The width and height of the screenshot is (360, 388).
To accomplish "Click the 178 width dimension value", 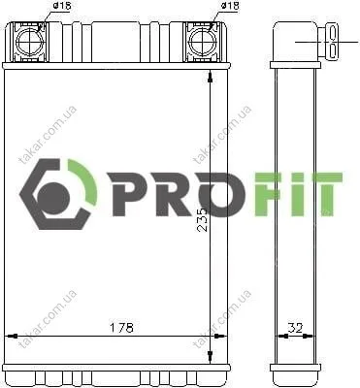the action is point(121,328).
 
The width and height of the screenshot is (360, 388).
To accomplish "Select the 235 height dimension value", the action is point(202,220).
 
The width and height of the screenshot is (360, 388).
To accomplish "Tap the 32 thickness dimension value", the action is point(295,328).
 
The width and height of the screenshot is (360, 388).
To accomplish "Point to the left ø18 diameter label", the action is point(61,7).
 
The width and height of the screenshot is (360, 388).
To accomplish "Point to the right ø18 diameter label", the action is point(230,6).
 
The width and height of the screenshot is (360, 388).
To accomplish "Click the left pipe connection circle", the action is point(29,41).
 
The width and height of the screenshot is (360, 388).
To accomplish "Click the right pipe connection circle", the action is point(203,41).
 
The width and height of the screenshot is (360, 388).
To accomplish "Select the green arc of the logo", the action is point(86,181).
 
